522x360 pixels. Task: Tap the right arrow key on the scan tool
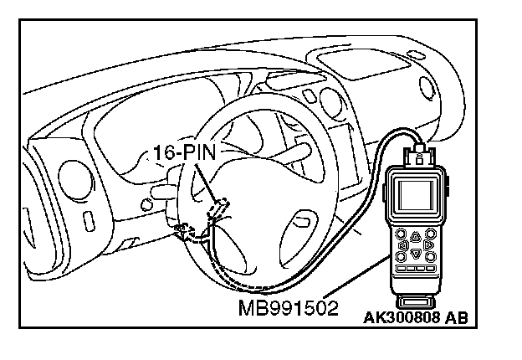[x=428, y=246]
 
